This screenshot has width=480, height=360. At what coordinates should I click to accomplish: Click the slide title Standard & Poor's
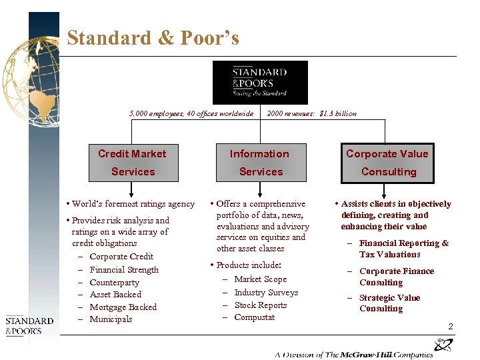pyautogui.click(x=153, y=38)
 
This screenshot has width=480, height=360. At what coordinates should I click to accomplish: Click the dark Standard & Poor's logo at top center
pyautogui.click(x=260, y=83)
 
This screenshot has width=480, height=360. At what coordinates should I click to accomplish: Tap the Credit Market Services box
pyautogui.click(x=133, y=163)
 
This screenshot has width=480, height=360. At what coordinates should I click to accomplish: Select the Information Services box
pyautogui.click(x=260, y=163)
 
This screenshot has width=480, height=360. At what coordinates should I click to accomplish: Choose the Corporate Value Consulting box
pyautogui.click(x=387, y=163)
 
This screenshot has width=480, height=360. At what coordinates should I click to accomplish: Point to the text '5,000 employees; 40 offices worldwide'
pyautogui.click(x=191, y=113)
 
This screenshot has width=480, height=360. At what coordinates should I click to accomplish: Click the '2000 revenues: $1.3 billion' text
pyautogui.click(x=311, y=113)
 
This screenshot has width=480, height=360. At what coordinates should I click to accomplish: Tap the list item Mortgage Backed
pyautogui.click(x=123, y=307)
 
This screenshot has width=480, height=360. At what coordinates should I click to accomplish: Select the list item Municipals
pyautogui.click(x=111, y=319)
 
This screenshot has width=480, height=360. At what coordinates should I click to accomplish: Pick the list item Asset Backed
pyautogui.click(x=115, y=295)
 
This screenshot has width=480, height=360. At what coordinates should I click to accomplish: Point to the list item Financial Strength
pyautogui.click(x=124, y=270)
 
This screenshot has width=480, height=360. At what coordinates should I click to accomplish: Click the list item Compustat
pyautogui.click(x=255, y=317)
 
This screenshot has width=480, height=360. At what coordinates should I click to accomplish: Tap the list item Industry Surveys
pyautogui.click(x=266, y=293)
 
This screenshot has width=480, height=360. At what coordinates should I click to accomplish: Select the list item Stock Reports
pyautogui.click(x=261, y=305)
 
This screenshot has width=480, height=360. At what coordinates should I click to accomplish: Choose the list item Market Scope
pyautogui.click(x=261, y=279)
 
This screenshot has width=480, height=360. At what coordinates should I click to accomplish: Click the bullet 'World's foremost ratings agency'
pyautogui.click(x=133, y=204)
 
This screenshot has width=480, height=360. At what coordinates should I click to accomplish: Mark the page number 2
pyautogui.click(x=451, y=327)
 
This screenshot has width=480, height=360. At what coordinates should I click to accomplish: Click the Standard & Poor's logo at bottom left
pyautogui.click(x=29, y=326)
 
